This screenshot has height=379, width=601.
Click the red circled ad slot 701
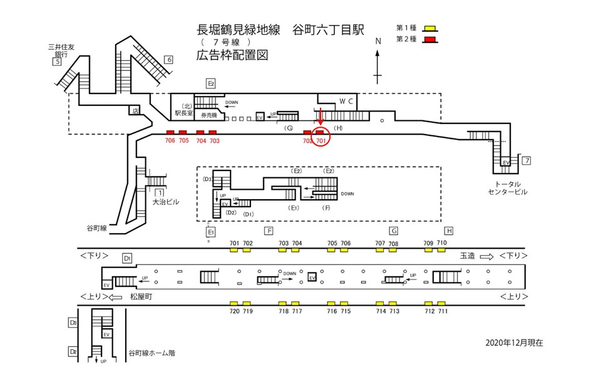[319, 132]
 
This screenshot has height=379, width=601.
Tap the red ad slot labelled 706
[170, 132]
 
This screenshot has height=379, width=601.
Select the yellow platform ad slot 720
[234, 303]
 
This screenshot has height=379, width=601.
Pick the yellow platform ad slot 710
[441, 250]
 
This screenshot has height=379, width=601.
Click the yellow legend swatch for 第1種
[429, 28]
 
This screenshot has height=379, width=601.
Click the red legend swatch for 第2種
[429, 40]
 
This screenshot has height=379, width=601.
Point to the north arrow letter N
[378, 41]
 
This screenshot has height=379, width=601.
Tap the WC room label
[347, 101]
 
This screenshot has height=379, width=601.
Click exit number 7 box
[527, 162]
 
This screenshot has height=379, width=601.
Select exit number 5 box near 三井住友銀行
[58, 61]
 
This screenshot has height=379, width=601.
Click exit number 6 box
[168, 60]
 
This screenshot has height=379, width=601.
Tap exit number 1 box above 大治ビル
[160, 192]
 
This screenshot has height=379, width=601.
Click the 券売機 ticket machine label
[208, 116]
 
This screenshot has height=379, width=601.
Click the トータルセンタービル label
[508, 187]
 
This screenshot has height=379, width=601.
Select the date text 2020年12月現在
[514, 343]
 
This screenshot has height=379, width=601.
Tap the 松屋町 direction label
[142, 296]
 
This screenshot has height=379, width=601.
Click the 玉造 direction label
[468, 256]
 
